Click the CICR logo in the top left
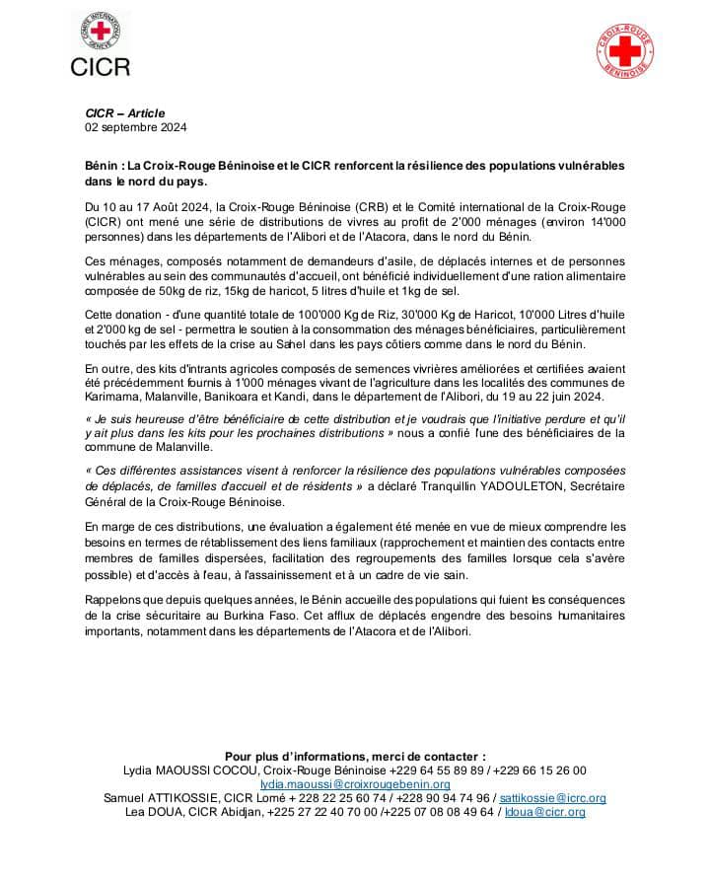click(100, 44)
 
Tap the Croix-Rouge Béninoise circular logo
click(627, 50)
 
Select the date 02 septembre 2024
click(135, 127)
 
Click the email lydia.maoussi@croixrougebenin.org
click(355, 784)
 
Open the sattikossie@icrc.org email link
click(552, 798)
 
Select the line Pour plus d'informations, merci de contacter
click(355, 756)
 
